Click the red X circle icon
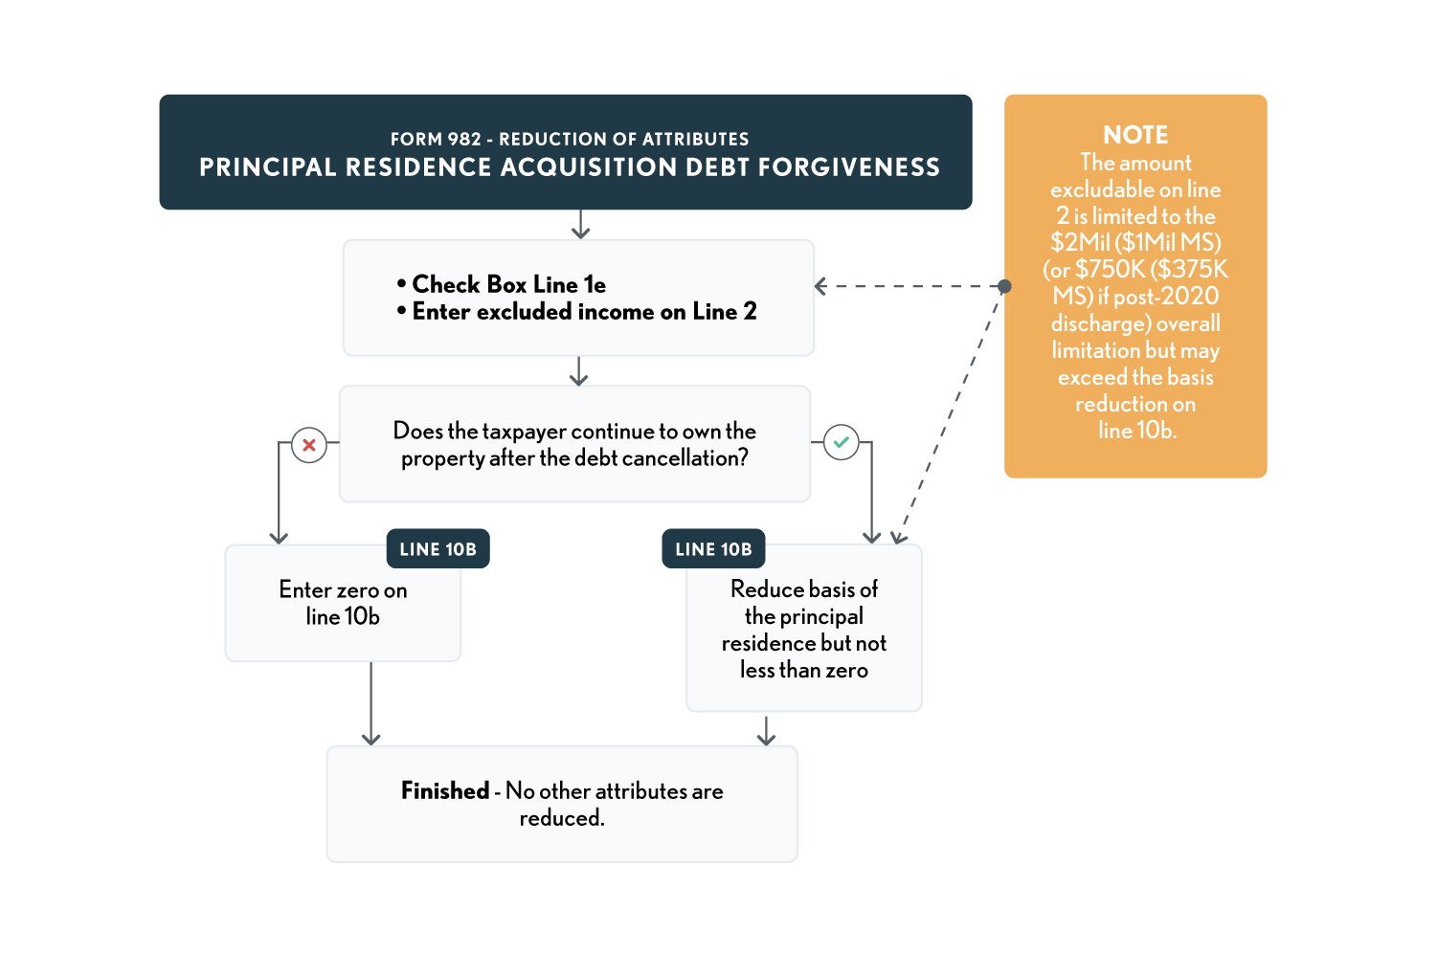[x=309, y=445]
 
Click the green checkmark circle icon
[x=841, y=442]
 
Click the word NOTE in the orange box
[x=1135, y=135]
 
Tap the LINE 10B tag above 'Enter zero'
[x=438, y=549]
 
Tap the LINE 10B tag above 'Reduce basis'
[x=713, y=549]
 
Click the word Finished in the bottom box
[x=445, y=791]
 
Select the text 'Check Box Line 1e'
[x=508, y=285]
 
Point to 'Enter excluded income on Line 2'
[x=584, y=312]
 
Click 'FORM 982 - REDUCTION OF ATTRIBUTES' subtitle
[x=570, y=140]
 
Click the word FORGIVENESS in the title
[x=849, y=168]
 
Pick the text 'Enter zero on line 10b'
[x=343, y=604]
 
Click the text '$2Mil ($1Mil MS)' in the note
[x=1135, y=243]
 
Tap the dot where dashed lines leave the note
[x=1004, y=286]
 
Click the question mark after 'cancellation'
[x=743, y=458]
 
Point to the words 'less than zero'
[x=804, y=671]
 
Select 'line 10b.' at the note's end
[x=1137, y=432]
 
